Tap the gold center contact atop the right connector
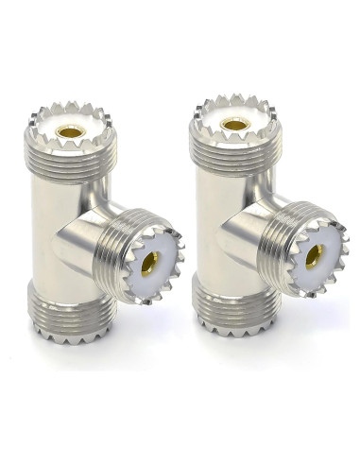(x=233, y=123)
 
